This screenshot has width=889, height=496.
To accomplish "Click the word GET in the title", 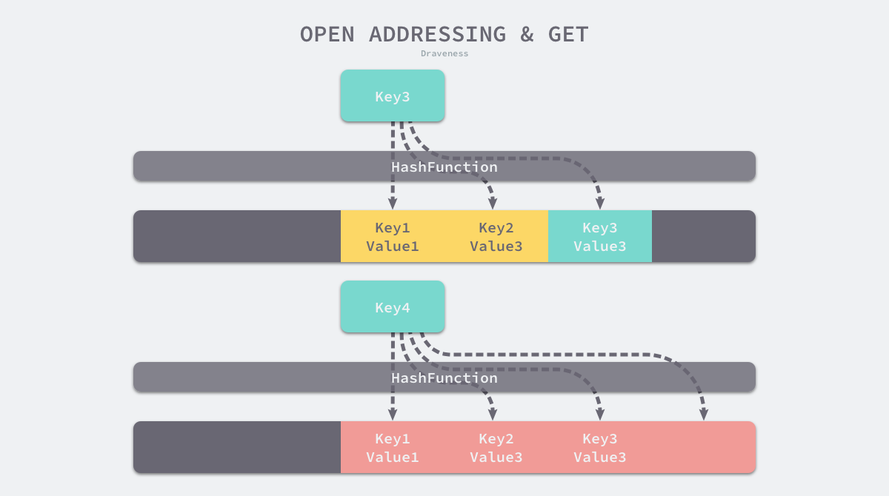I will point(568,34).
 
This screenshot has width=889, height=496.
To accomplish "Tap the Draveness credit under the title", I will point(444,53).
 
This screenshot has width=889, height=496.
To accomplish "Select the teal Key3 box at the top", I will point(393,96).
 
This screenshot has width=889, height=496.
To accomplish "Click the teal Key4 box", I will point(393,307).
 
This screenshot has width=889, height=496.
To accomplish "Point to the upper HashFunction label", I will point(444,167).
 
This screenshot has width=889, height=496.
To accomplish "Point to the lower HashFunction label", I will point(444,378).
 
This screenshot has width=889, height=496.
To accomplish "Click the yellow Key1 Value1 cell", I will point(393,236).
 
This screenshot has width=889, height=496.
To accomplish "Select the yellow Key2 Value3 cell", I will point(496,236).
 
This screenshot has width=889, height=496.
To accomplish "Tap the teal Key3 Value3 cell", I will point(600,236).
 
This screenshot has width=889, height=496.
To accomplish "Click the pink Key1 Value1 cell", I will point(393,447).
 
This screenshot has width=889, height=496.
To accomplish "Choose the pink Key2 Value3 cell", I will point(496,447).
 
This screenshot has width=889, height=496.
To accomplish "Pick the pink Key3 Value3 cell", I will point(600,447).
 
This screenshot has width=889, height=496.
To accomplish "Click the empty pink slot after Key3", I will point(704,447).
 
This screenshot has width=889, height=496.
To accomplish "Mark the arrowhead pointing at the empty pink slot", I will point(704,415).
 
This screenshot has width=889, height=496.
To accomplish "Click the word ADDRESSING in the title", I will point(437,34).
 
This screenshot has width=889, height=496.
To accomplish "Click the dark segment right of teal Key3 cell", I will point(704,236).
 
